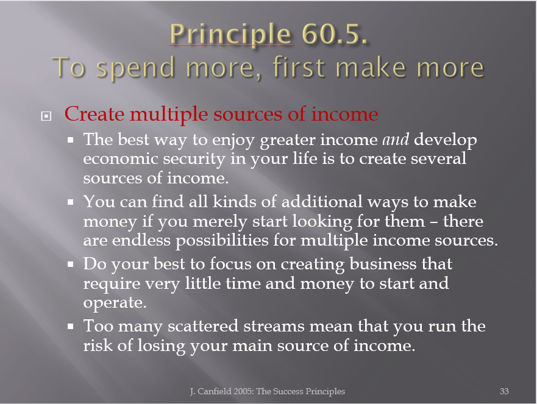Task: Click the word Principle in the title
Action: point(230,34)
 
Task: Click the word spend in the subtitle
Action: point(136,68)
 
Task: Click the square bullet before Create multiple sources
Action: point(46,116)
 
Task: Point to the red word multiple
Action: point(168,115)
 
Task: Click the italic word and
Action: point(396,140)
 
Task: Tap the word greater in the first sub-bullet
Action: point(288,140)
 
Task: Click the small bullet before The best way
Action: point(71,140)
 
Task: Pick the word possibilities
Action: point(222,241)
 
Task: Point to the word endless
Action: point(141,240)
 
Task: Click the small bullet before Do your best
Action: point(71,264)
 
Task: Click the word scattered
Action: point(203,326)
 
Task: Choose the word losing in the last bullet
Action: point(162,346)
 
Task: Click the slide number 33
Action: point(504,391)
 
